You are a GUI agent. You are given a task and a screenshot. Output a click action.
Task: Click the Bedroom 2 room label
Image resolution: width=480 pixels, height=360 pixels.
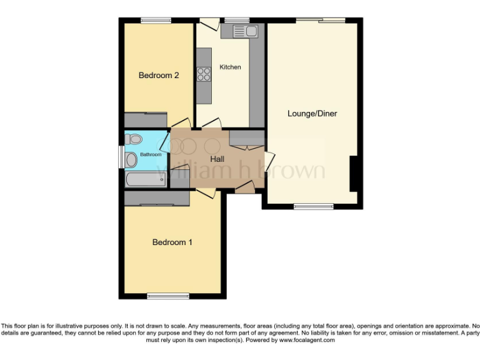click(159, 76)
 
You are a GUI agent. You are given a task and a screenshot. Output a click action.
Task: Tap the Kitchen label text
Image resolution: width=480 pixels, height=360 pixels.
click(230, 67)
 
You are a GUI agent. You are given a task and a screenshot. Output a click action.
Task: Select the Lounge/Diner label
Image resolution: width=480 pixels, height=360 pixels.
click(312, 114)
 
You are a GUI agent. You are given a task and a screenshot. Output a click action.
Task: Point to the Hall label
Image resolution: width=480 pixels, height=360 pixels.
click(217, 159)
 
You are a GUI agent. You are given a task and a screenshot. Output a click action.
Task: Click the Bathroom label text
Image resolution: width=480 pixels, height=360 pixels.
click(150, 154)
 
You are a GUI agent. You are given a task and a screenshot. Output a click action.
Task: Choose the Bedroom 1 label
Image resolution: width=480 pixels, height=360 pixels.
click(172, 242)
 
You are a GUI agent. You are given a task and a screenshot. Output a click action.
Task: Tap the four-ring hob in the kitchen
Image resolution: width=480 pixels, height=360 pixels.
click(204, 74)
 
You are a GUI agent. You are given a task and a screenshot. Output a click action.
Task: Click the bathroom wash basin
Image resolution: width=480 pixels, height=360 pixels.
click(131, 160)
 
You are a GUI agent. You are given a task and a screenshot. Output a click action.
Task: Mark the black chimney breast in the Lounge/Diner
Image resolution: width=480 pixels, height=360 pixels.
click(353, 174)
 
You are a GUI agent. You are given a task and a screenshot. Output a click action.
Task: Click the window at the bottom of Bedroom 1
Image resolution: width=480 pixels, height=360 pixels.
click(168, 296)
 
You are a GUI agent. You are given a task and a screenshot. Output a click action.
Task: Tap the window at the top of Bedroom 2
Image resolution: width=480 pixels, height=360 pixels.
click(156, 21)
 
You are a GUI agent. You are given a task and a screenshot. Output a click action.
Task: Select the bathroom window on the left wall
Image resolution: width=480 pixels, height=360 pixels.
click(121, 156)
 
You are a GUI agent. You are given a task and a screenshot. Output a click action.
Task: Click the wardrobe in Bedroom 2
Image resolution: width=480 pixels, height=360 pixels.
click(145, 119)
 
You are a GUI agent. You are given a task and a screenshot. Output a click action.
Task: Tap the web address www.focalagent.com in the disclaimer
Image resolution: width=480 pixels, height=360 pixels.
click(307, 340)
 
